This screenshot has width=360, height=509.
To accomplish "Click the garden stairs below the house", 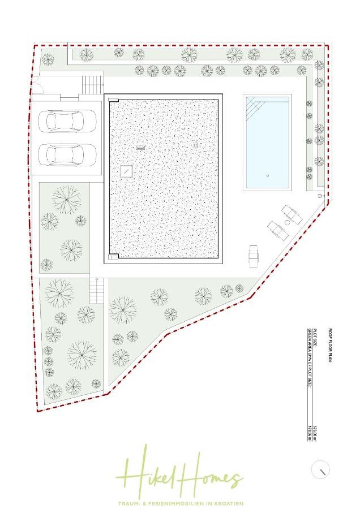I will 97,291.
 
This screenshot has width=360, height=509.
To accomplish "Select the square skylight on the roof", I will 126,170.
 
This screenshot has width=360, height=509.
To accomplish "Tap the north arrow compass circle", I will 321,470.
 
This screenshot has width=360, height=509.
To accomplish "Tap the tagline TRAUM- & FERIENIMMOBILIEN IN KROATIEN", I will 180,503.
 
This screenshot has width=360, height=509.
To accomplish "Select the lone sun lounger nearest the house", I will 253,256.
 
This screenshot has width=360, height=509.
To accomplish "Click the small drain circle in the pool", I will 268,175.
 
